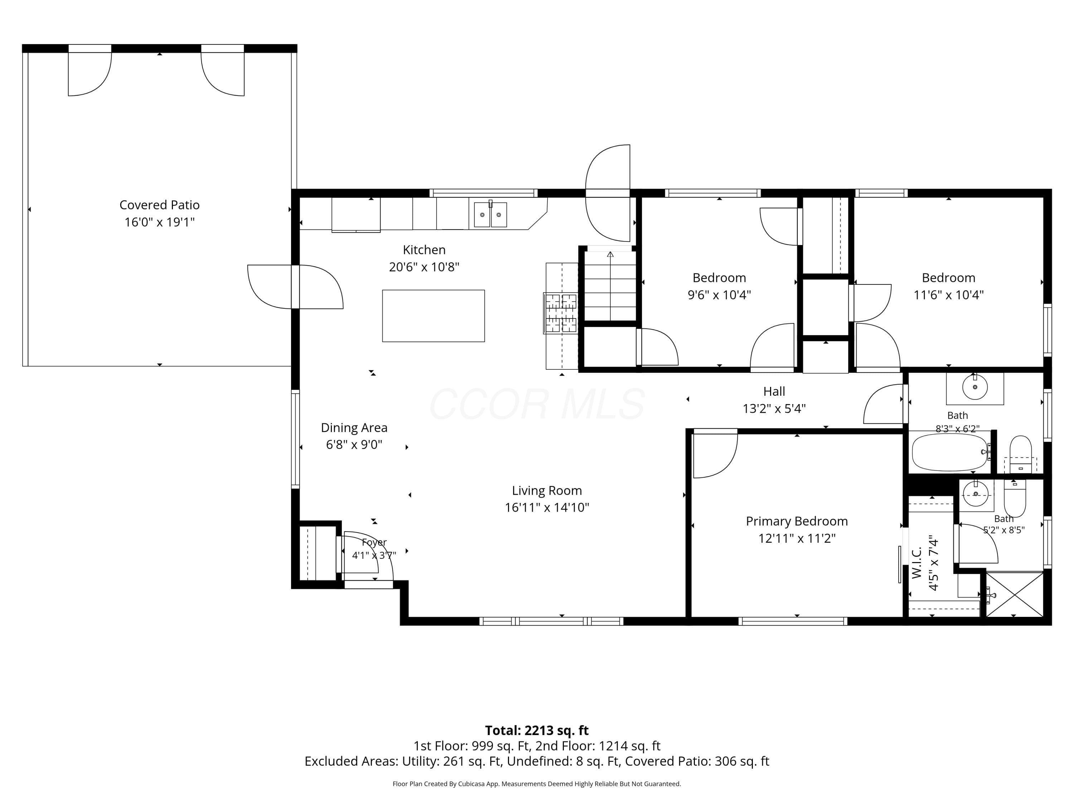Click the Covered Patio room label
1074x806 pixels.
tap(159, 205)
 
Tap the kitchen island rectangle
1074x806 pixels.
tap(433, 316)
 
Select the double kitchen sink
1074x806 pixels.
tap(490, 215)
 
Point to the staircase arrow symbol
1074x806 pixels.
tap(610, 254)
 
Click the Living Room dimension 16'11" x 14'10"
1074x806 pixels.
tap(547, 507)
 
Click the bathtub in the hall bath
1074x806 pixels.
tap(950, 452)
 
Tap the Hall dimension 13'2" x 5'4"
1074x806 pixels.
tap(774, 409)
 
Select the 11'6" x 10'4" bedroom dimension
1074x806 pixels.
tap(948, 295)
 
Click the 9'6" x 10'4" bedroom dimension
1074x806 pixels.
tap(719, 295)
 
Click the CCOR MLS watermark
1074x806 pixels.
tap(537, 404)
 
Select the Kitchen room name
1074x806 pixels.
tap(424, 250)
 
